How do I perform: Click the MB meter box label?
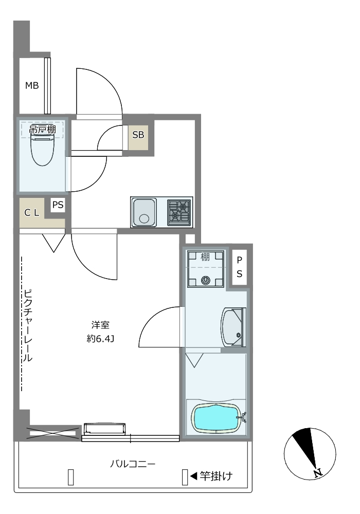32,85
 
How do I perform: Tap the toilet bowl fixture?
42,150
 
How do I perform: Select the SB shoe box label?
138,135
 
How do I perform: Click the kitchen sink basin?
144,212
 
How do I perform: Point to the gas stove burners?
179,212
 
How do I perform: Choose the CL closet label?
32,213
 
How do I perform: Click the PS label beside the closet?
58,205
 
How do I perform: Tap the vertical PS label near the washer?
240,267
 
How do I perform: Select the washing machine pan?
206,268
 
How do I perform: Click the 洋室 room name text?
100,325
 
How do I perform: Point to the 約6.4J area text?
100,339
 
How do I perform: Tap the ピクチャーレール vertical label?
28,325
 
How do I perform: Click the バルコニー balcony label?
133,464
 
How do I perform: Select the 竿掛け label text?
216,475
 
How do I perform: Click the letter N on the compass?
317,473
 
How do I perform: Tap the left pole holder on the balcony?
70,477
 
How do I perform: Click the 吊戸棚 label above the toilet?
43,129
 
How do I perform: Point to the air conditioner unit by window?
104,429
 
